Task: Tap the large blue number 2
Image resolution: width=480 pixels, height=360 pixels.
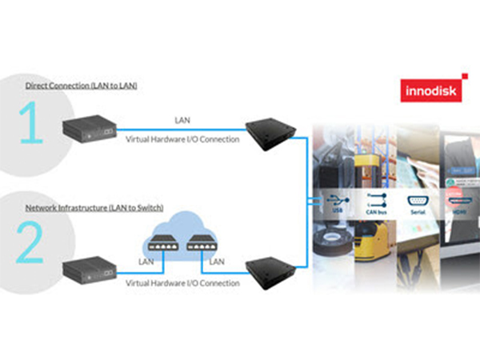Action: (30, 239)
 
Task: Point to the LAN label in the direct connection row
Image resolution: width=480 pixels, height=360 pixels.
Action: (182, 120)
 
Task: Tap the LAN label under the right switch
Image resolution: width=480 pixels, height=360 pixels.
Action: (215, 261)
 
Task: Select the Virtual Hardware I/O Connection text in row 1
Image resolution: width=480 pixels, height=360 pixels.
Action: (182, 138)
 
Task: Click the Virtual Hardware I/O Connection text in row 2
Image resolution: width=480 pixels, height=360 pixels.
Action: (182, 282)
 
